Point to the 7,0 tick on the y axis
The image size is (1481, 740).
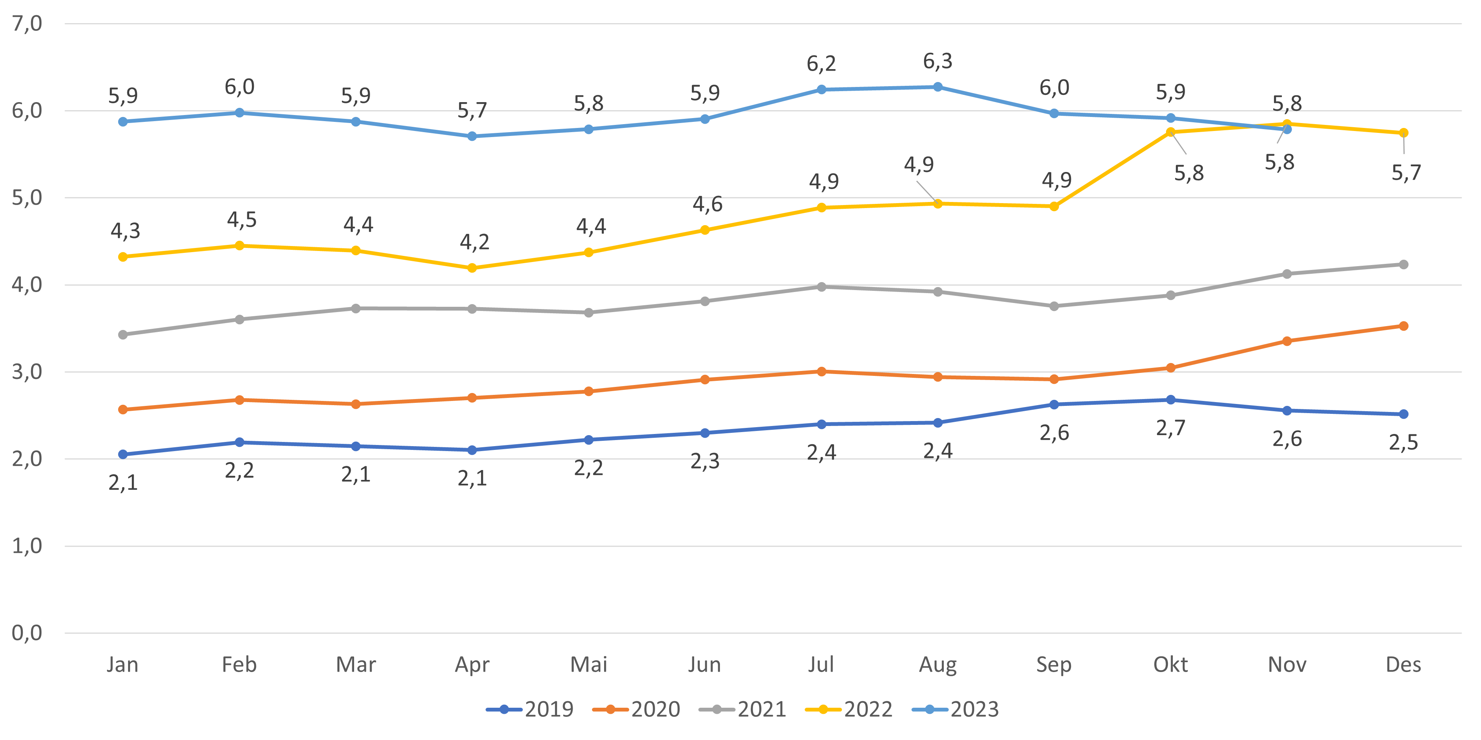27,24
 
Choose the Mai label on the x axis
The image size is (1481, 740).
588,665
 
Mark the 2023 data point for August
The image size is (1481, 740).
938,87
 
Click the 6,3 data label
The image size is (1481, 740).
938,61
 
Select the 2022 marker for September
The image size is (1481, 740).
1054,206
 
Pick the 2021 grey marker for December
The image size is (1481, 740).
1403,264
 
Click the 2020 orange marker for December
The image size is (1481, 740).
1403,326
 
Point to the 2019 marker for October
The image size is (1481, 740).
1171,399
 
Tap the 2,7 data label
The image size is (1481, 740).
1171,428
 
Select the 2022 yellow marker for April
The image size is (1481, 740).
472,268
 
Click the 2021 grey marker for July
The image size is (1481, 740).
821,286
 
